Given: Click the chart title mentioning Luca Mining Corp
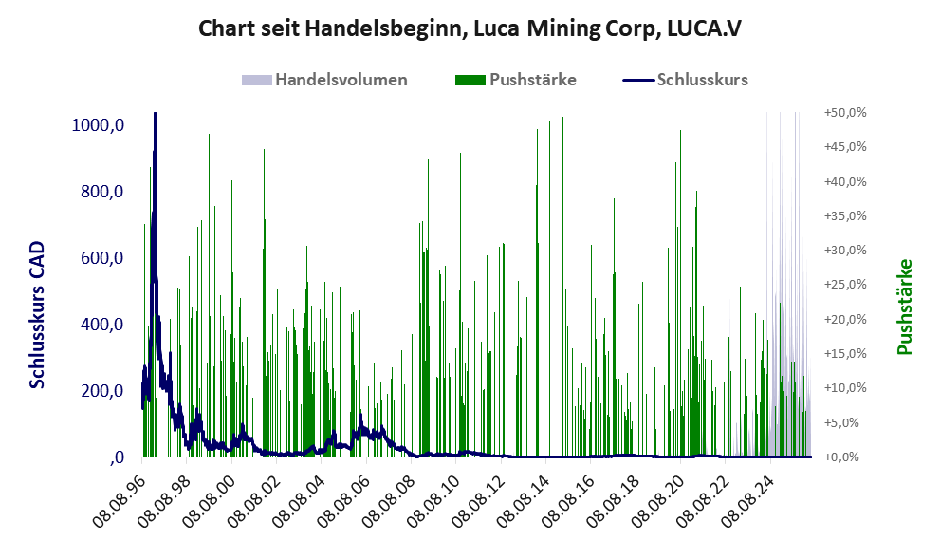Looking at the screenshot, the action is [470, 28].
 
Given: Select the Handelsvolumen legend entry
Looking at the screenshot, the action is [324, 80].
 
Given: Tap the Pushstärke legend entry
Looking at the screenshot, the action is [516, 80].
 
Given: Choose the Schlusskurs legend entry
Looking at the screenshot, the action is [685, 80].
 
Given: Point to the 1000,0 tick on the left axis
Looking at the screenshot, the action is [98, 125].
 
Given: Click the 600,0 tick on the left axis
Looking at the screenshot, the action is [101, 258].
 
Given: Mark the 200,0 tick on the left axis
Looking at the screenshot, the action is [101, 391].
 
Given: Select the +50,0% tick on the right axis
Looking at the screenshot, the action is [845, 113].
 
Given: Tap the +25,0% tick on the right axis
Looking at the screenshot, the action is [845, 285].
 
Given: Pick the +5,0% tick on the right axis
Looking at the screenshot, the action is [848, 422].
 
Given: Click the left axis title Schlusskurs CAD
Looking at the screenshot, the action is [37, 315].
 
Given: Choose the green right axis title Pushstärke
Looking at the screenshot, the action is [905, 307].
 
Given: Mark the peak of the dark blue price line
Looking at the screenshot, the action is [156, 113].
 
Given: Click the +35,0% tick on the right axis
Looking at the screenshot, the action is [845, 216].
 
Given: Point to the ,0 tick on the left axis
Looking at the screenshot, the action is [117, 457].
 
